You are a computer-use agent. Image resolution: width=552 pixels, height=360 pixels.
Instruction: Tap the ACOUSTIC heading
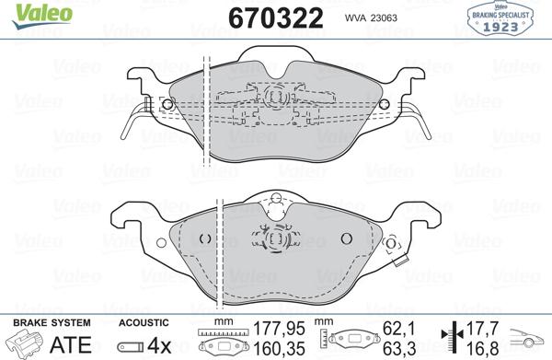point(144,323)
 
